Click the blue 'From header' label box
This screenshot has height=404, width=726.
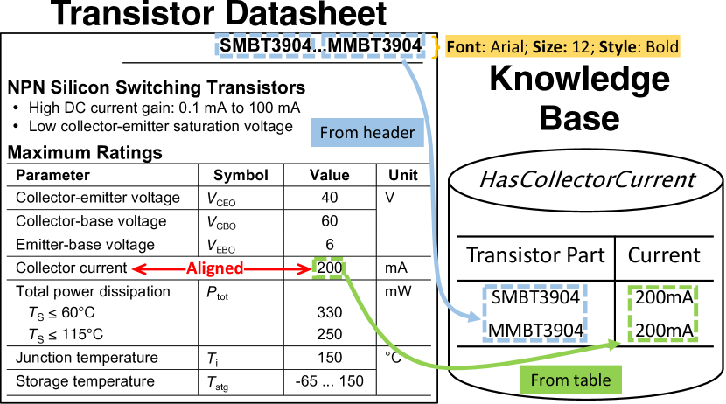click(x=367, y=132)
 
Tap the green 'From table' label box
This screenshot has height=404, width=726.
click(x=570, y=380)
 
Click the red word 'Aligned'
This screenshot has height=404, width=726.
click(x=215, y=268)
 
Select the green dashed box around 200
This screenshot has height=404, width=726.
click(x=328, y=268)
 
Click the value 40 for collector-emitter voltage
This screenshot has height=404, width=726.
click(x=330, y=198)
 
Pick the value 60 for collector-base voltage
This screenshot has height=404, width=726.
click(x=330, y=220)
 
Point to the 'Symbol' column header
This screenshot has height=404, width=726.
click(x=241, y=176)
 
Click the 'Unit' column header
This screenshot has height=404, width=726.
click(x=403, y=175)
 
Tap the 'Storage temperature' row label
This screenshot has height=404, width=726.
click(x=85, y=381)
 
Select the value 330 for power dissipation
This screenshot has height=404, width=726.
click(x=330, y=312)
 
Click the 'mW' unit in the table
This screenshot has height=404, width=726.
click(x=398, y=291)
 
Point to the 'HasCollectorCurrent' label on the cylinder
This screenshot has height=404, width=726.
click(x=587, y=179)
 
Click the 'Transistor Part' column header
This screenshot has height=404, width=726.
click(x=535, y=255)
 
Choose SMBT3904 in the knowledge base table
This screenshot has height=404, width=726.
click(x=535, y=297)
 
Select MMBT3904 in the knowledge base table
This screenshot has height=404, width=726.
click(x=535, y=331)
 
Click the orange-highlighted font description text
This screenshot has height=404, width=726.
click(x=562, y=46)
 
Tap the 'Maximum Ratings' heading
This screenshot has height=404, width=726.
click(x=85, y=152)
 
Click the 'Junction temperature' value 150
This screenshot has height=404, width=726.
click(x=330, y=358)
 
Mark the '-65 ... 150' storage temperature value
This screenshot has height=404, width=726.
click(x=330, y=381)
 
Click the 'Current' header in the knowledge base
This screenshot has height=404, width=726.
click(x=664, y=255)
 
